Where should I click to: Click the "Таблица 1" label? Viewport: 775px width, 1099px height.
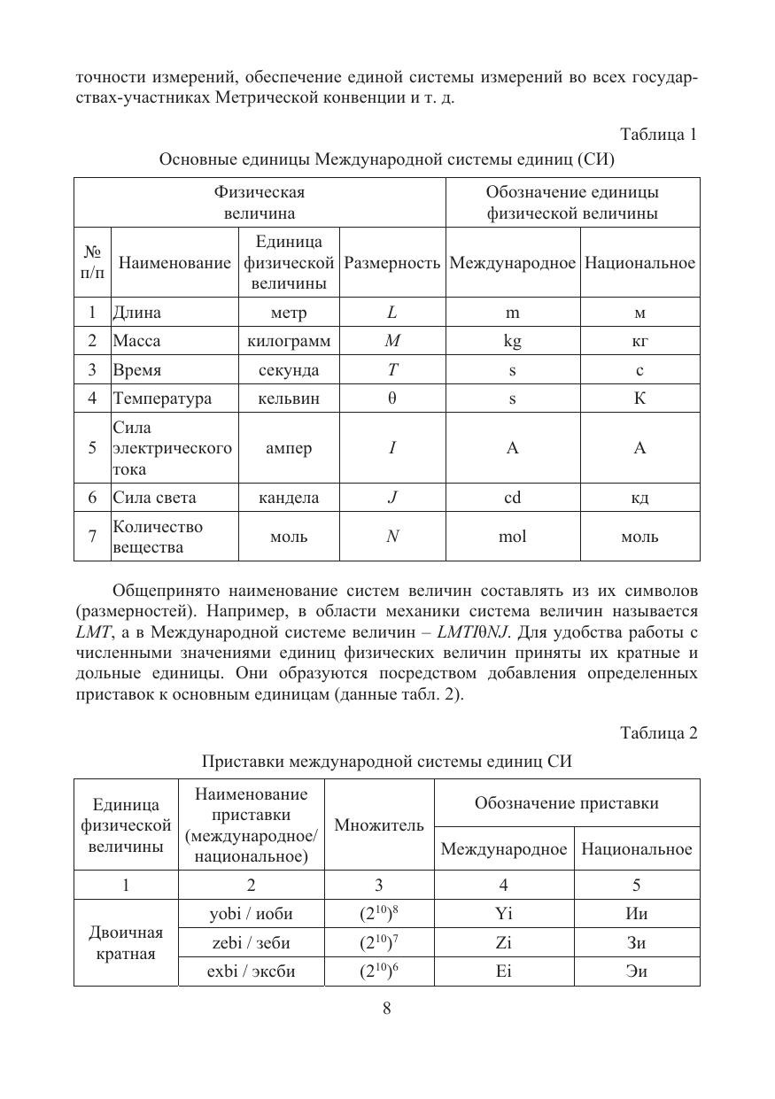pyautogui.click(x=658, y=135)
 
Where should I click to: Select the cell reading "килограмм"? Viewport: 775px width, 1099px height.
pyautogui.click(x=288, y=341)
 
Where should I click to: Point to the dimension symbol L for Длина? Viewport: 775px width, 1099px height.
pyautogui.click(x=391, y=313)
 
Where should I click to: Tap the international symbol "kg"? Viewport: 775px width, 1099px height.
pyautogui.click(x=512, y=341)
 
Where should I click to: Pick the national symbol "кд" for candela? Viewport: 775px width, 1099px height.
pyautogui.click(x=639, y=498)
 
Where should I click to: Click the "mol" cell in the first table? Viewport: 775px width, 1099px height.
pyautogui.click(x=512, y=537)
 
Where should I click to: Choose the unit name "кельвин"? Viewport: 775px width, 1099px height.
pyautogui.click(x=288, y=399)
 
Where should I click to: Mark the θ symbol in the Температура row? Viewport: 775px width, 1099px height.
pyautogui.click(x=391, y=399)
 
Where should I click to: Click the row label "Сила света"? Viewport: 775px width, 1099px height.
pyautogui.click(x=155, y=498)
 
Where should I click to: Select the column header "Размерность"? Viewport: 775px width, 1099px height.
pyautogui.click(x=391, y=263)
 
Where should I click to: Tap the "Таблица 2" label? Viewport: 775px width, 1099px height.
pyautogui.click(x=658, y=733)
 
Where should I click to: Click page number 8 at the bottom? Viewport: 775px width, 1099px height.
pyautogui.click(x=387, y=1008)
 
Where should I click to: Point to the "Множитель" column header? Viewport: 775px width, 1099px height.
pyautogui.click(x=379, y=825)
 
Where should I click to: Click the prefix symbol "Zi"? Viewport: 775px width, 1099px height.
pyautogui.click(x=504, y=942)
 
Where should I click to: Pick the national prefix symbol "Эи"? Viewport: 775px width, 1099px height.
pyautogui.click(x=636, y=971)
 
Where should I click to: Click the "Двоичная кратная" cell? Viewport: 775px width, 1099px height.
pyautogui.click(x=126, y=943)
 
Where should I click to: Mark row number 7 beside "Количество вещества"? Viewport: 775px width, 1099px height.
pyautogui.click(x=92, y=537)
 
